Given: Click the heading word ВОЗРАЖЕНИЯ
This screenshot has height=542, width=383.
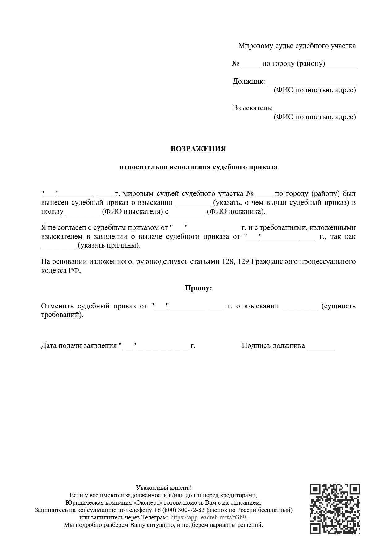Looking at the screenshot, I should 198,149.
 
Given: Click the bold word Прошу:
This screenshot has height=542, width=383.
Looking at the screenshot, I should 198,288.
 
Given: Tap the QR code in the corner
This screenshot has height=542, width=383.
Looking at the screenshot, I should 335,509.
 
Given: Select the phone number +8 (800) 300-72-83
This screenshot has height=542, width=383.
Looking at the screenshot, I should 179,510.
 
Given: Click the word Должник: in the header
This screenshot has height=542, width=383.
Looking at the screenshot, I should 249,82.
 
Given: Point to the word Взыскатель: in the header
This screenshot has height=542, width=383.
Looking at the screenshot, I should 253,108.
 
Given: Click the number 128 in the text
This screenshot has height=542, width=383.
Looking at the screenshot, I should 227,261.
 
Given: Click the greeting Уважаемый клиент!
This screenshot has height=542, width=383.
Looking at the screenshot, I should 163,488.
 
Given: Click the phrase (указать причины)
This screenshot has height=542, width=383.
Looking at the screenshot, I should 109,245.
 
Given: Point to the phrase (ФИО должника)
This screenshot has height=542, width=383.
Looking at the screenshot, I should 236,212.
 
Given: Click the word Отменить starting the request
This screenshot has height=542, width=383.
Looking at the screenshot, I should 57,306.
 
